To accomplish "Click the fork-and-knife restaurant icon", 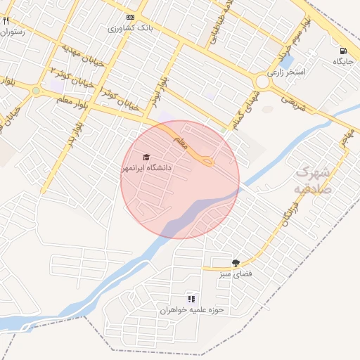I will (6, 21).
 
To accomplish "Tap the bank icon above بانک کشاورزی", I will (130, 17).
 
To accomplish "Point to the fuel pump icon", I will (343, 51).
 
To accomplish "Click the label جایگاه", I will (342, 62).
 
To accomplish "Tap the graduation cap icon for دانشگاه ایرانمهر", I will (146, 157).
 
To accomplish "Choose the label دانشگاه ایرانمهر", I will (146, 168).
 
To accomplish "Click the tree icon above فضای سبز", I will (245, 262).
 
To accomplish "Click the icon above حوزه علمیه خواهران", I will (191, 299).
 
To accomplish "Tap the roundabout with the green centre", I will (36, 90).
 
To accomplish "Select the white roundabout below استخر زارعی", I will (262, 82).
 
